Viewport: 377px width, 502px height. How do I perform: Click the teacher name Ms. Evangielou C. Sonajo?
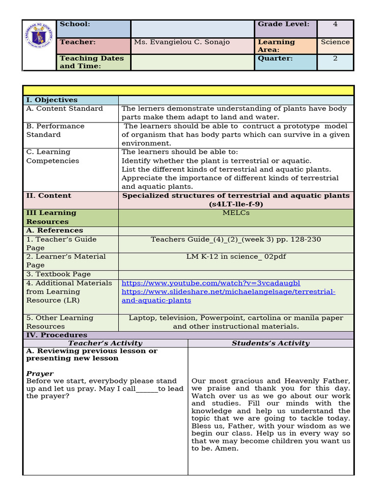coord(182,42)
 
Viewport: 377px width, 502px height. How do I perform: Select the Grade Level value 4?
coord(335,24)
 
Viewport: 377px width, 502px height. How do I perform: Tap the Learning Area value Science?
coord(335,42)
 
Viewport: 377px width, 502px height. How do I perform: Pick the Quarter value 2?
coord(335,58)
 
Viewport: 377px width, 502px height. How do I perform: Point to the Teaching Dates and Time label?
coord(92,62)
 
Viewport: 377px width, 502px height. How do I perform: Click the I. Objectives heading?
coord(52,100)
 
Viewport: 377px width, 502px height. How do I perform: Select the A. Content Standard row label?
coord(65,109)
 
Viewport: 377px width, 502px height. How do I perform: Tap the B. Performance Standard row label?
coord(55,130)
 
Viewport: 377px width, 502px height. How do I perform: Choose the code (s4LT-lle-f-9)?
coord(236,204)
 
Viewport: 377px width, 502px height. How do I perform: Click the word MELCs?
coord(236,213)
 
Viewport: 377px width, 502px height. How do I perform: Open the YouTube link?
coord(211,283)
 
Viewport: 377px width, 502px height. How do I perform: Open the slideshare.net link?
coord(228,296)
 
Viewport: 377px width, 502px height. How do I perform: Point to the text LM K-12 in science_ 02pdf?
coord(236,256)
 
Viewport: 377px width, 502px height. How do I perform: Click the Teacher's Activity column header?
coord(105,343)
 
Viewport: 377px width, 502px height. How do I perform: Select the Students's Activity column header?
coord(270,343)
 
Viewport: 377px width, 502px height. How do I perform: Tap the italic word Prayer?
coord(40,374)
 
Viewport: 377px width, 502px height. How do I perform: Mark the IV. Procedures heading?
coord(56,335)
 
